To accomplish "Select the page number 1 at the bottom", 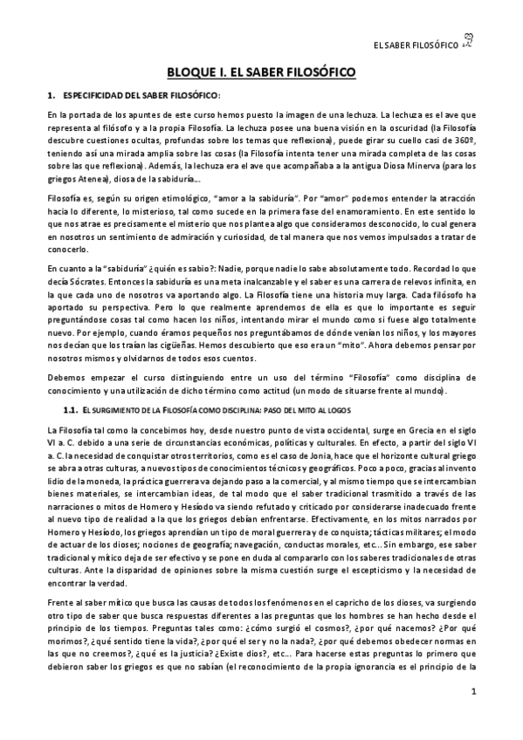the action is (472, 717).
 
